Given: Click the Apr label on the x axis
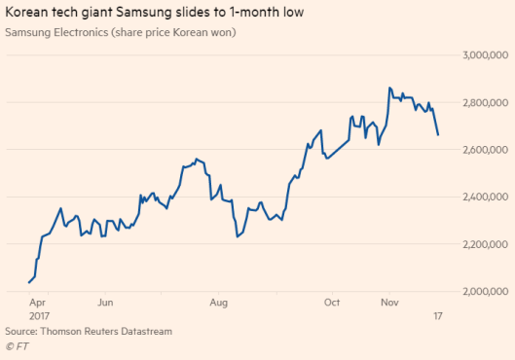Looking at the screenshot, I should (38, 303).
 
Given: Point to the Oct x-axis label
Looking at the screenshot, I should (333, 303).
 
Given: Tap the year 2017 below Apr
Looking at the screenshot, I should (40, 316).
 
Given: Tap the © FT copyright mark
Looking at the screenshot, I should (17, 345).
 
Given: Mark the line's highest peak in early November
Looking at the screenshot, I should (389, 88).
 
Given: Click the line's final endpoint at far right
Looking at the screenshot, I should (438, 134).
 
